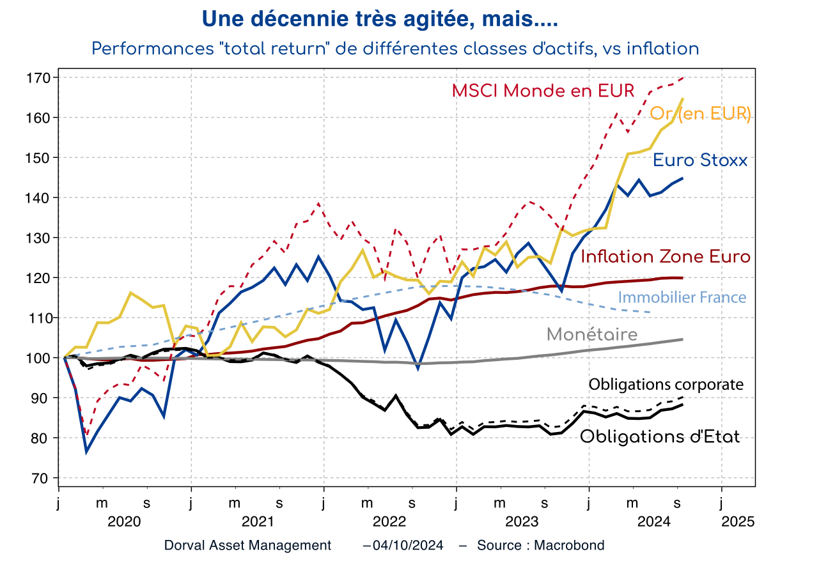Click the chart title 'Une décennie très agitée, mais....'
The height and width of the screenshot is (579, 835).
pyautogui.click(x=380, y=19)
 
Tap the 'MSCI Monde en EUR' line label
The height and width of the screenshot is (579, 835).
pyautogui.click(x=543, y=91)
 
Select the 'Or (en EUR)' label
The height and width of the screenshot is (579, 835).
pyautogui.click(x=700, y=114)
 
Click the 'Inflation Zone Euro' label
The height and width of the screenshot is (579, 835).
pyautogui.click(x=666, y=257)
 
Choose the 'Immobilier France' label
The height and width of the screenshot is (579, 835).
pyautogui.click(x=682, y=297)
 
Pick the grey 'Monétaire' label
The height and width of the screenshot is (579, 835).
pyautogui.click(x=592, y=334)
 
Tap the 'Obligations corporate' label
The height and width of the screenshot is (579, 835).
pyautogui.click(x=666, y=384)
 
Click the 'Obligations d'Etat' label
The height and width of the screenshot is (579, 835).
pyautogui.click(x=660, y=437)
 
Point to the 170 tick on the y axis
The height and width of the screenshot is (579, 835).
pyautogui.click(x=39, y=78)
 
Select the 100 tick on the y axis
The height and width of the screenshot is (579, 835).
pyautogui.click(x=39, y=358)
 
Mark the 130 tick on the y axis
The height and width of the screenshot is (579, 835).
pyautogui.click(x=39, y=238)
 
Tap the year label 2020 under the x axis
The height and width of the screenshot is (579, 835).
pyautogui.click(x=124, y=521)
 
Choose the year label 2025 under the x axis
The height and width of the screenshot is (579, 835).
pyautogui.click(x=738, y=521)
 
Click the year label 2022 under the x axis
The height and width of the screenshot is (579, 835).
pyautogui.click(x=389, y=521)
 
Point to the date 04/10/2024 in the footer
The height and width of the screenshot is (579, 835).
pyautogui.click(x=407, y=545)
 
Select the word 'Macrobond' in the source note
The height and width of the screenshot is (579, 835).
pyautogui.click(x=569, y=545)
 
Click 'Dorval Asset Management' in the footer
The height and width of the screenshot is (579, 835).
pyautogui.click(x=247, y=545)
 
